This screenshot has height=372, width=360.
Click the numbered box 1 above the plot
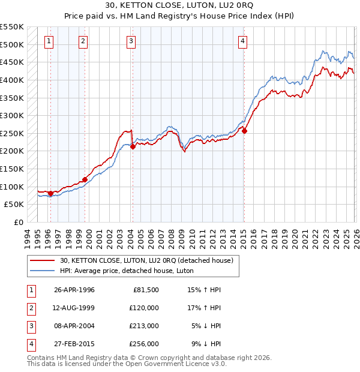49,41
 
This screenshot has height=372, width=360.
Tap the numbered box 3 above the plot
131,41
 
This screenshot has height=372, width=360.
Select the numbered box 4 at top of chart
242,41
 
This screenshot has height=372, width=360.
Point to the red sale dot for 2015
244,131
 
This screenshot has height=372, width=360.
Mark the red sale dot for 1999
85,179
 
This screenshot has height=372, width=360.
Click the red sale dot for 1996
50,193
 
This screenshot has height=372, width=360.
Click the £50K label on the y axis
14,205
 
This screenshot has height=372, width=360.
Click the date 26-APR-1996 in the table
74,290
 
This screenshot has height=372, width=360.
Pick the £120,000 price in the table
145,308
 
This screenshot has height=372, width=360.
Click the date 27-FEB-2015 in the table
74,344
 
